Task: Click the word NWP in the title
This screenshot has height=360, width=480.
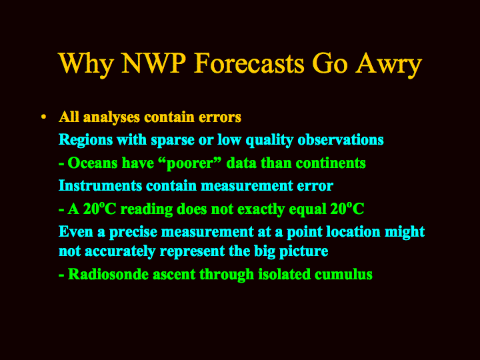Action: (154, 63)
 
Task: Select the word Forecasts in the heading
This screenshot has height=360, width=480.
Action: (249, 63)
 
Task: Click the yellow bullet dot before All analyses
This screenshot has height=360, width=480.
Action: (44, 117)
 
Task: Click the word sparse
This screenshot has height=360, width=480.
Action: (173, 141)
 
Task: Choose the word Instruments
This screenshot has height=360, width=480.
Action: (100, 185)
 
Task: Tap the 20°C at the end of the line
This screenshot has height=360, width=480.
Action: (347, 209)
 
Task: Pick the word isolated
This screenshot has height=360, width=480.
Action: (285, 274)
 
